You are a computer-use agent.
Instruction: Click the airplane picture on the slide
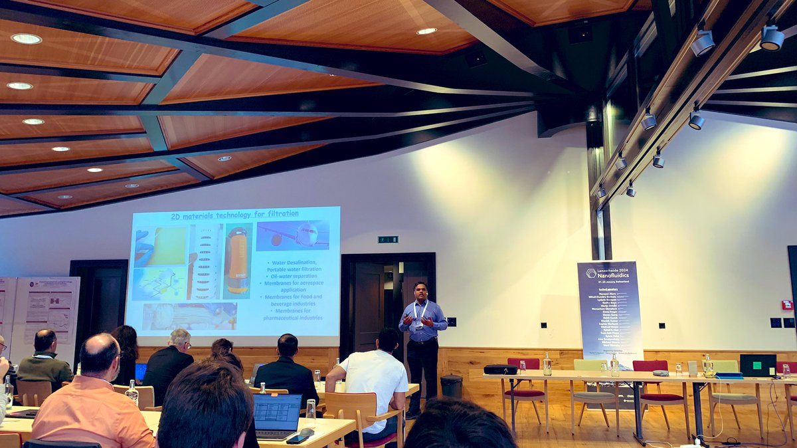[x=292, y=235]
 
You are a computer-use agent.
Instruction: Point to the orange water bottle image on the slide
[x=236, y=260]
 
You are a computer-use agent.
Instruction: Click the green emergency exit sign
[x=388, y=239]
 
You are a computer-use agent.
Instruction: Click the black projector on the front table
[x=500, y=370]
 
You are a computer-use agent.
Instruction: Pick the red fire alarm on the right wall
[x=787, y=305]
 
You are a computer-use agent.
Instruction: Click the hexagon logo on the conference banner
[x=590, y=273]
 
